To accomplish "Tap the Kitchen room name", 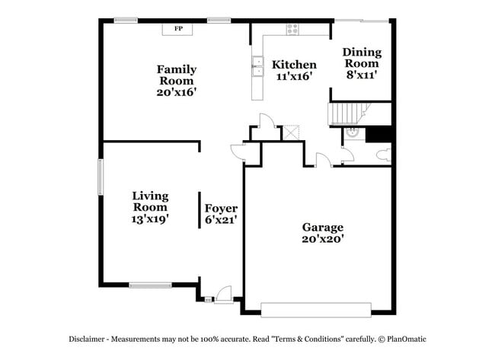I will [295, 65].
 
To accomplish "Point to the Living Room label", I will [150, 201].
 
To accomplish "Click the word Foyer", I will [221, 208].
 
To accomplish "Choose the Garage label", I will [322, 227].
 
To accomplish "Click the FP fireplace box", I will [179, 29].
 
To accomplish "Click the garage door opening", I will [315, 308].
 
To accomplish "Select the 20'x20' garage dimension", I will [322, 239].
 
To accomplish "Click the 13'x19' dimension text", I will [150, 218].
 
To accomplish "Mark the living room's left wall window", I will [99, 177].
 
